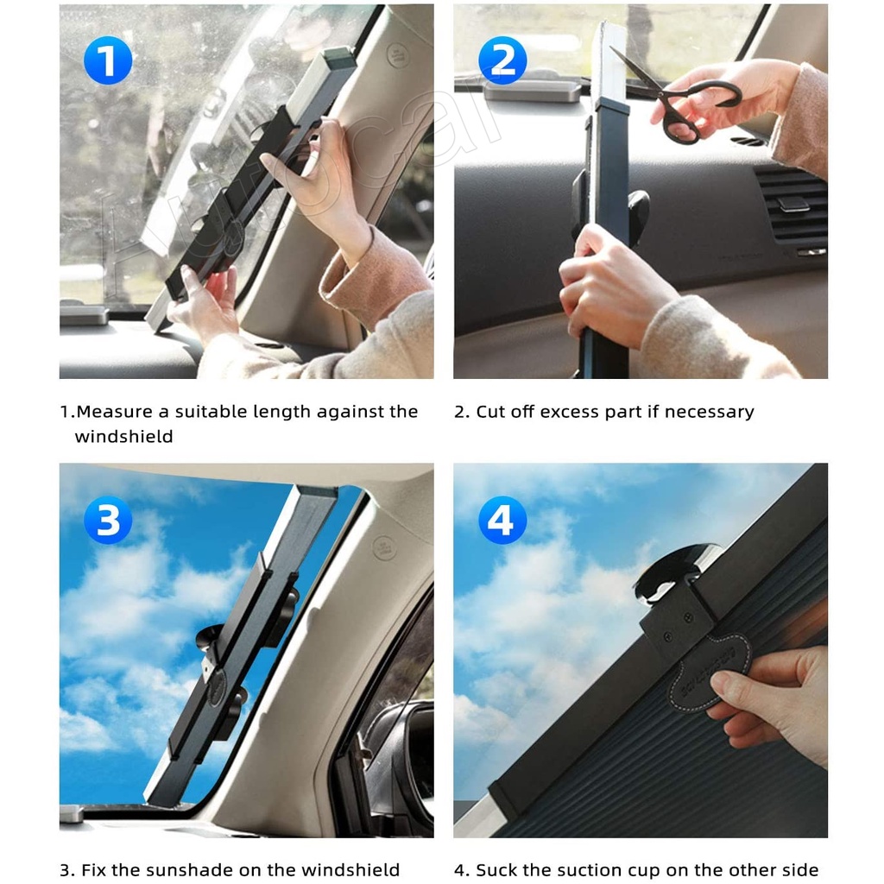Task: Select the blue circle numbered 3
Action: click(107, 521)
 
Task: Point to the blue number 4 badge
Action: click(502, 521)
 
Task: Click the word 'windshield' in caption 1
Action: click(123, 437)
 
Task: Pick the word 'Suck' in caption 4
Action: click(496, 869)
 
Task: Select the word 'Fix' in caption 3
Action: click(93, 869)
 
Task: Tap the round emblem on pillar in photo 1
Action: click(397, 55)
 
